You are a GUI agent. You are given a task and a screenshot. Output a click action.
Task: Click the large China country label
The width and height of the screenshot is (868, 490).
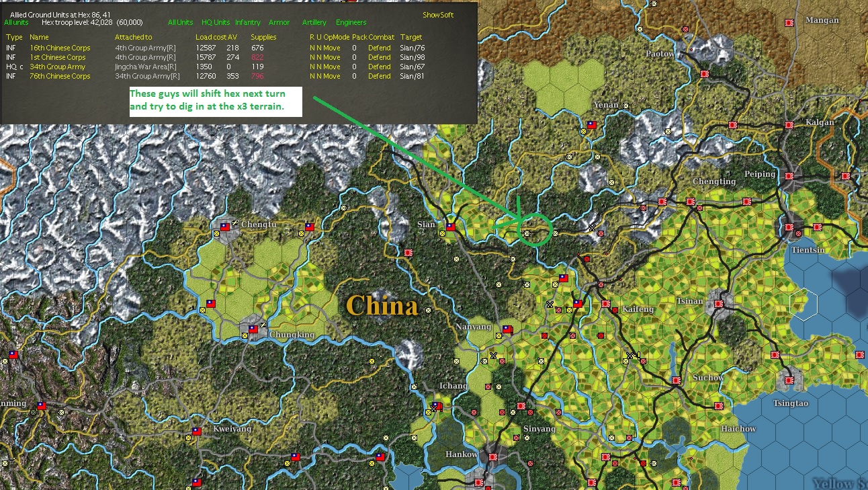(382, 306)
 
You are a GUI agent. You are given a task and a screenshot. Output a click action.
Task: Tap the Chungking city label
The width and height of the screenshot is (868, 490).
(292, 335)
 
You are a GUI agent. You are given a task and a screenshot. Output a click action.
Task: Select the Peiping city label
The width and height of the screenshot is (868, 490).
(759, 174)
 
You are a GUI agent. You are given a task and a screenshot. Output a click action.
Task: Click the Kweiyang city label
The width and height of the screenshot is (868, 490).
(232, 429)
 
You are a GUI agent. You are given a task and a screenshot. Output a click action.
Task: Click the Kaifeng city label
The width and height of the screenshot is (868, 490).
(638, 309)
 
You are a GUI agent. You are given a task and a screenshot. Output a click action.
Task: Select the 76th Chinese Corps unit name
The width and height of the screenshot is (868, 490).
(60, 76)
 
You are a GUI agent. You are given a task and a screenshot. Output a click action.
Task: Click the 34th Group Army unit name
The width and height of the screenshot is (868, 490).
(57, 67)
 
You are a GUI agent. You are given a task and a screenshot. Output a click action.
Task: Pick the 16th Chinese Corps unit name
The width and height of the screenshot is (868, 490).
(60, 48)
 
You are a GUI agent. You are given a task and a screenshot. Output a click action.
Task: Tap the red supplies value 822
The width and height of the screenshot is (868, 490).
(257, 57)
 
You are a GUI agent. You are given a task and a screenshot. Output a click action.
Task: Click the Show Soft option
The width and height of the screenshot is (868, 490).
(438, 15)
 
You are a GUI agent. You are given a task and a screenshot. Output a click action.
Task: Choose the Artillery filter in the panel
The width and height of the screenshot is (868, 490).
(314, 23)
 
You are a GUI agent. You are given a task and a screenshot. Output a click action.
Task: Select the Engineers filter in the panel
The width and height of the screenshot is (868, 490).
(351, 23)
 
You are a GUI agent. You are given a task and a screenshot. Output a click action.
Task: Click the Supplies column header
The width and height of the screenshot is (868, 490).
(263, 37)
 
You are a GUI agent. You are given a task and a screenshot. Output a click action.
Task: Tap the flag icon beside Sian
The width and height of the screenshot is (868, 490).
(451, 227)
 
